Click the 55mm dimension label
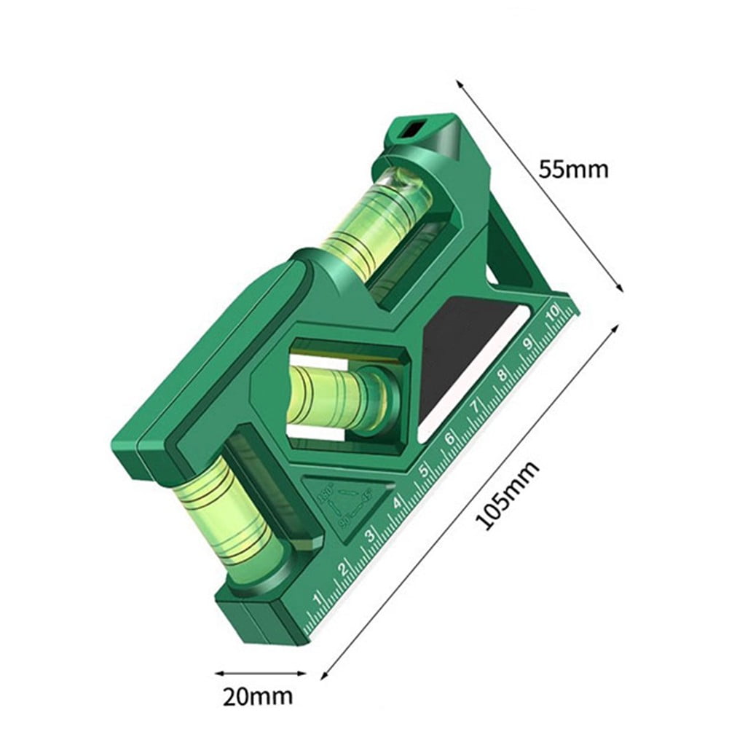coord(572,170)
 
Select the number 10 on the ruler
coord(552,315)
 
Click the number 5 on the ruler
coord(423,470)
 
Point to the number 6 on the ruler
coord(449,438)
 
